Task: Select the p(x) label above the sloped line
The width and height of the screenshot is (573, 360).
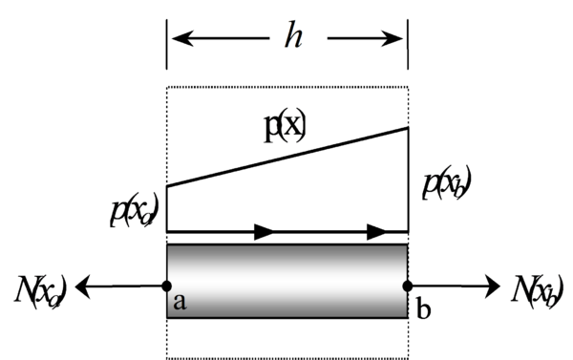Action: pos(285,127)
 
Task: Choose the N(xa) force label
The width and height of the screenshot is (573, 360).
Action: pos(38,284)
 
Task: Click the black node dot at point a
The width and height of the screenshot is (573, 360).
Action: pos(167,285)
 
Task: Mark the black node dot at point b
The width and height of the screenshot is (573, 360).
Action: pos(408,285)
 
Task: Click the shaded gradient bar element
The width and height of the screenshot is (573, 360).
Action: pos(286,282)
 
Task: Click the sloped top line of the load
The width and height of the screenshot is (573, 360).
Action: pos(286,157)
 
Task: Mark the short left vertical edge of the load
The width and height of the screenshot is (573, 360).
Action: pos(167,208)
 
